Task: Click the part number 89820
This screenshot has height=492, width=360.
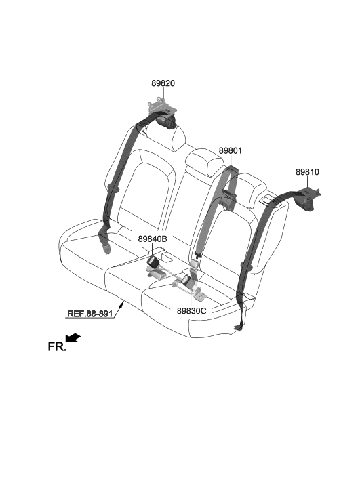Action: [163, 83]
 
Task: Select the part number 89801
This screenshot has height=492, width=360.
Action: [231, 151]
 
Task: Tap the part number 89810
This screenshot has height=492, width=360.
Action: [307, 172]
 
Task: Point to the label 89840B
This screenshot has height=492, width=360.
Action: [153, 239]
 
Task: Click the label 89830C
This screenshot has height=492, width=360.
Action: [191, 311]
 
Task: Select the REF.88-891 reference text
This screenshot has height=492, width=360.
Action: [90, 314]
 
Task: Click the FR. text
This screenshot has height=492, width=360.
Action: [57, 347]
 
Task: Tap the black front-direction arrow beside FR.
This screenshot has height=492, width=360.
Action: [73, 337]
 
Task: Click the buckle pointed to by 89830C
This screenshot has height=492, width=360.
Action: [188, 281]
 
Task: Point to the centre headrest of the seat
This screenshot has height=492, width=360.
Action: [204, 161]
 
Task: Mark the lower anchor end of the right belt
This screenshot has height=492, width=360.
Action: [239, 327]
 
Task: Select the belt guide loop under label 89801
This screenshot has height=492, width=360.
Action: [229, 199]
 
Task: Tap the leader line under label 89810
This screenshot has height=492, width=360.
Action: [308, 182]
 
